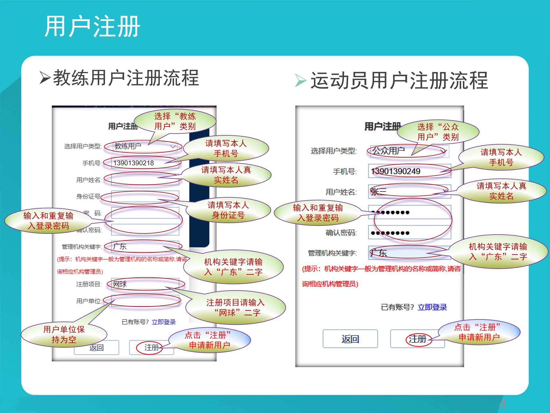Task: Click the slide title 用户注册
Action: point(92,26)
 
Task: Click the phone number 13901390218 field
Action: point(145,163)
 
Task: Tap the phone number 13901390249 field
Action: point(409,171)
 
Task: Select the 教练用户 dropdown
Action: point(145,146)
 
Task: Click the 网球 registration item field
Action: point(145,284)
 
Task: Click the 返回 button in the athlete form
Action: point(350,339)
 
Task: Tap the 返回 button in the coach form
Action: point(96,348)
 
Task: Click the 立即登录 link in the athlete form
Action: point(432,307)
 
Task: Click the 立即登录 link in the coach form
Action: point(164,322)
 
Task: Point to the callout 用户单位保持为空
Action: point(64,334)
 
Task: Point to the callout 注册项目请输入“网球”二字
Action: point(235,307)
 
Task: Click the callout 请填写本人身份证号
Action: point(228,210)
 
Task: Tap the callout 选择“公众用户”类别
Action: point(438,132)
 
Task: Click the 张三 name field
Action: point(409,191)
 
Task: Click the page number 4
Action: point(502,404)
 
